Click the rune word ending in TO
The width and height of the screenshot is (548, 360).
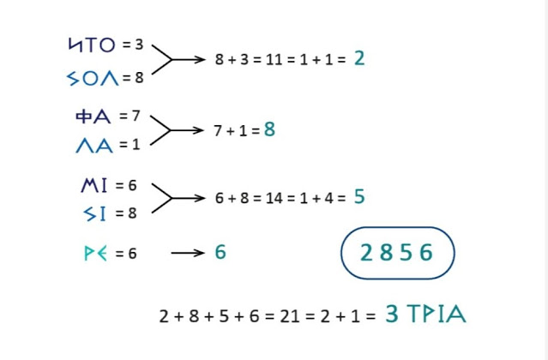(92, 44)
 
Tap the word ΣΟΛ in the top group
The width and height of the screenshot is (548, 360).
(92, 79)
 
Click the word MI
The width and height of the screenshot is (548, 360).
(94, 184)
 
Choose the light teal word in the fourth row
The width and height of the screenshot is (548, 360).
(95, 254)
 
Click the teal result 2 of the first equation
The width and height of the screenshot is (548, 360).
(358, 58)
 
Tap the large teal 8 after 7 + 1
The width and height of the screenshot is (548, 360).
(269, 130)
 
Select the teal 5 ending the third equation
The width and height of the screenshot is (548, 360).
(358, 197)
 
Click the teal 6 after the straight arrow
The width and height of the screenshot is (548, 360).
(220, 253)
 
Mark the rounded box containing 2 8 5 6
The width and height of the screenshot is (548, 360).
(397, 253)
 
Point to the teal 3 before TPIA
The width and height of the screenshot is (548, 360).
(391, 315)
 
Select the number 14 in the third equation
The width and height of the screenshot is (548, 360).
(274, 198)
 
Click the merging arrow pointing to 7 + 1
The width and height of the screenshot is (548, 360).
(178, 130)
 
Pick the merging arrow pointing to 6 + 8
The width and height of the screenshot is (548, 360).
(178, 198)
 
